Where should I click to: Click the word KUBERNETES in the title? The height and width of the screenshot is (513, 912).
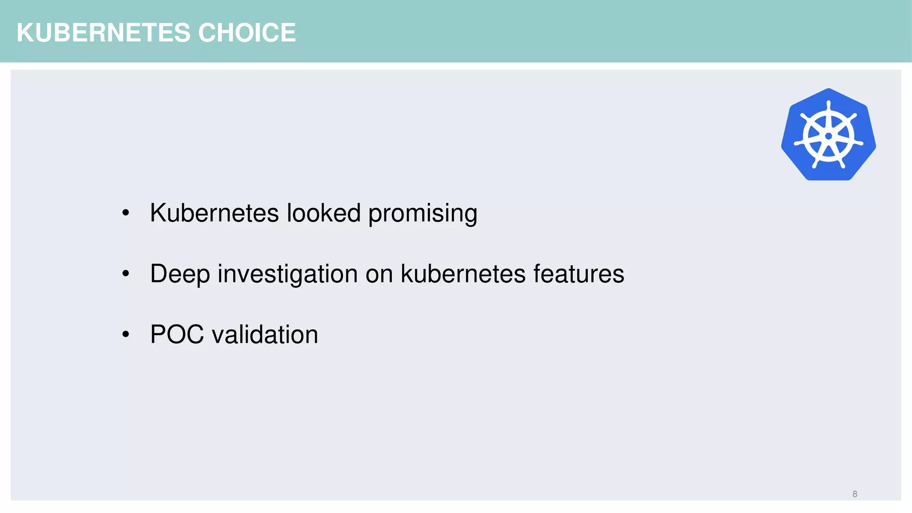(103, 33)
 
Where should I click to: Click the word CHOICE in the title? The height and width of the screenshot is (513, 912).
(247, 33)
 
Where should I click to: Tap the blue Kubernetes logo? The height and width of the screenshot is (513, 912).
(828, 134)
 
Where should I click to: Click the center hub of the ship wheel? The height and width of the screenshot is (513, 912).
(828, 136)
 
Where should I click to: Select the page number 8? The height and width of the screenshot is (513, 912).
(855, 494)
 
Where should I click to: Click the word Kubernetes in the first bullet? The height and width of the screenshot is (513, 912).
(214, 213)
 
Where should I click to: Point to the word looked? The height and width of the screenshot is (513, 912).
(323, 213)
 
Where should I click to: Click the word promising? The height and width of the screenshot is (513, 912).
(423, 214)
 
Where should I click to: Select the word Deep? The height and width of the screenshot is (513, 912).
(180, 274)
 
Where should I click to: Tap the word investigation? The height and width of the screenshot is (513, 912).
(288, 274)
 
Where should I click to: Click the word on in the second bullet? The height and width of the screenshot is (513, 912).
(379, 274)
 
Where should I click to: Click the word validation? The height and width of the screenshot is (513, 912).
(265, 334)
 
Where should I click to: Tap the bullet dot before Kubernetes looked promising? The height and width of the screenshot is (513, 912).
(126, 213)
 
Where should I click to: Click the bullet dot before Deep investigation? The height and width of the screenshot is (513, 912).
(126, 274)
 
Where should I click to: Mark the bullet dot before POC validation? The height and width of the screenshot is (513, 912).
(126, 334)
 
